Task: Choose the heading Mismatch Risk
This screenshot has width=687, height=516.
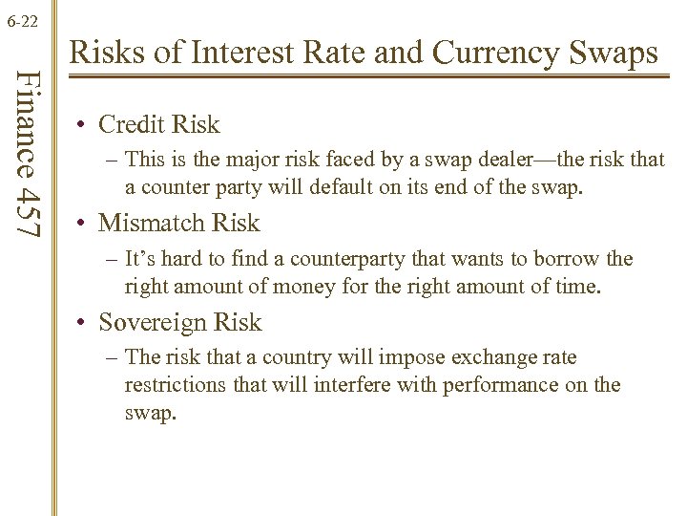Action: [x=178, y=223]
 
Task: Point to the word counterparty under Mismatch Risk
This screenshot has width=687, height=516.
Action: [x=365, y=259]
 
